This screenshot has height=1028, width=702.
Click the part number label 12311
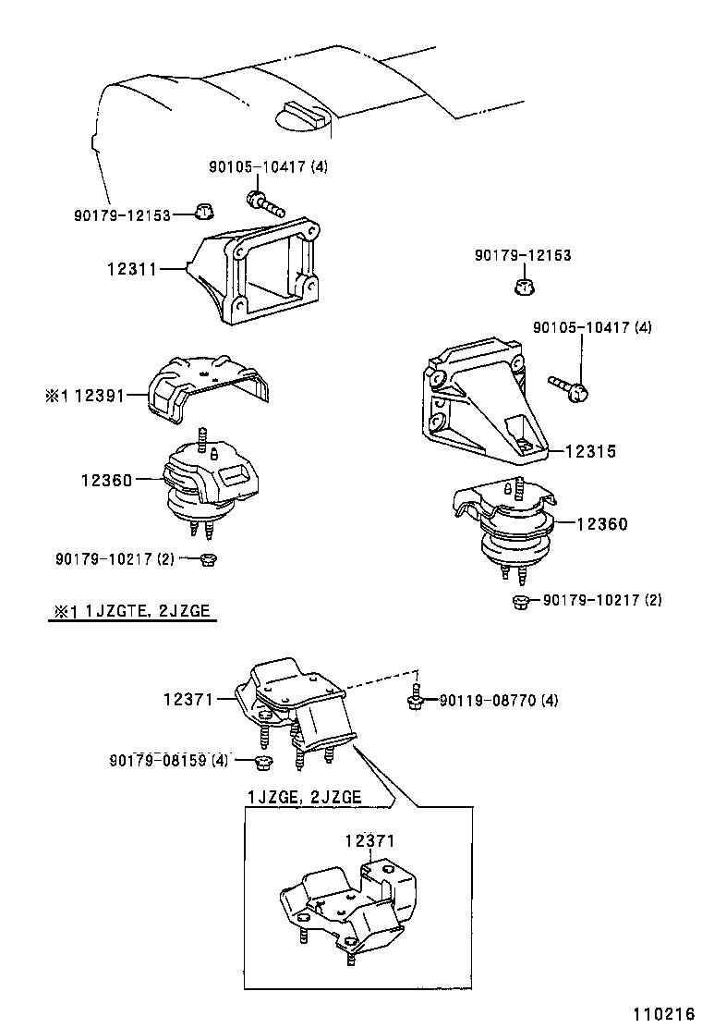point(130,269)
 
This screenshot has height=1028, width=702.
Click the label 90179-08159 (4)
point(168,760)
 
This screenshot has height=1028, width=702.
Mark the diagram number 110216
point(661,1013)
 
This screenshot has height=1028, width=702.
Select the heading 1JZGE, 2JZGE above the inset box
point(304,797)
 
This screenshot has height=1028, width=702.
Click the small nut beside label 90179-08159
point(261,762)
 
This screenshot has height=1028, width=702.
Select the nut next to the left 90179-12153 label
point(204,213)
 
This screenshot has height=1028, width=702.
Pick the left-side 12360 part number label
point(107,480)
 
